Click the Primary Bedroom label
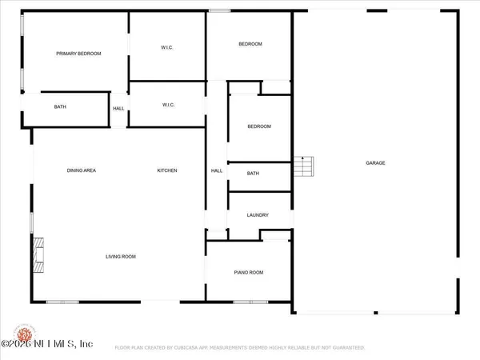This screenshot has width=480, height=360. tap(78, 54)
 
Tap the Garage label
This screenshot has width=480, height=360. tap(375, 163)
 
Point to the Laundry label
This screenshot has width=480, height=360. tap(258, 215)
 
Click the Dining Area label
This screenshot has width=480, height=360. tap(82, 170)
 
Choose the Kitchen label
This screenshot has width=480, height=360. tap(166, 170)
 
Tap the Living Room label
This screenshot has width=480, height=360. tap(121, 257)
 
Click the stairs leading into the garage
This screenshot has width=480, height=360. tap(305, 167)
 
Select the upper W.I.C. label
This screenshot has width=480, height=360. tap(168, 48)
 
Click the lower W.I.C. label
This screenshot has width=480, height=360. tap(169, 105)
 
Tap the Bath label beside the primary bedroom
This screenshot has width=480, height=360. tap(60, 107)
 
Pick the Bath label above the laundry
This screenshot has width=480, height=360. tap(253, 174)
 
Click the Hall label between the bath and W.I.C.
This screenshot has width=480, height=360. tap(118, 109)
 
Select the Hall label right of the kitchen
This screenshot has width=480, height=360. tap(216, 170)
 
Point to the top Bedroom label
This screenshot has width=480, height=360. tap(250, 44)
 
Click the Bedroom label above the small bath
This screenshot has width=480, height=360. tap(258, 126)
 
